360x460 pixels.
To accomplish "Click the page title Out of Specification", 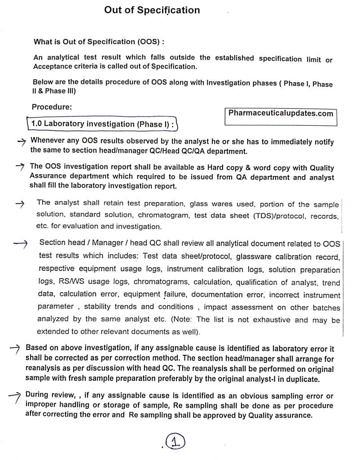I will pos(152,10).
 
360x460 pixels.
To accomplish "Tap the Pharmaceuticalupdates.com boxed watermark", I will pos(281,114).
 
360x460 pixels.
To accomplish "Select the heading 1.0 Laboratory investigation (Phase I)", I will pos(103,124).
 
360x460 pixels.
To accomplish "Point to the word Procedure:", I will pos(52,107).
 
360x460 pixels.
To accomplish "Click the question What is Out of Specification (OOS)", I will pos(99,42).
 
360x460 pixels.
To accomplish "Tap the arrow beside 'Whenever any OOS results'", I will pos(22,142).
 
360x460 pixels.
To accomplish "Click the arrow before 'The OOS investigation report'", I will pos(19,167).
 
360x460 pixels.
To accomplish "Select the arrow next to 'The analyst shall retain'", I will pos(19,203).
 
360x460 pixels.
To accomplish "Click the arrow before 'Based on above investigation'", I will pos(15,349).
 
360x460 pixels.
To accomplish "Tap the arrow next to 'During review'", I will pos(15,396).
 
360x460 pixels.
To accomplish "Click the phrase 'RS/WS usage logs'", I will pos(75,282).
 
